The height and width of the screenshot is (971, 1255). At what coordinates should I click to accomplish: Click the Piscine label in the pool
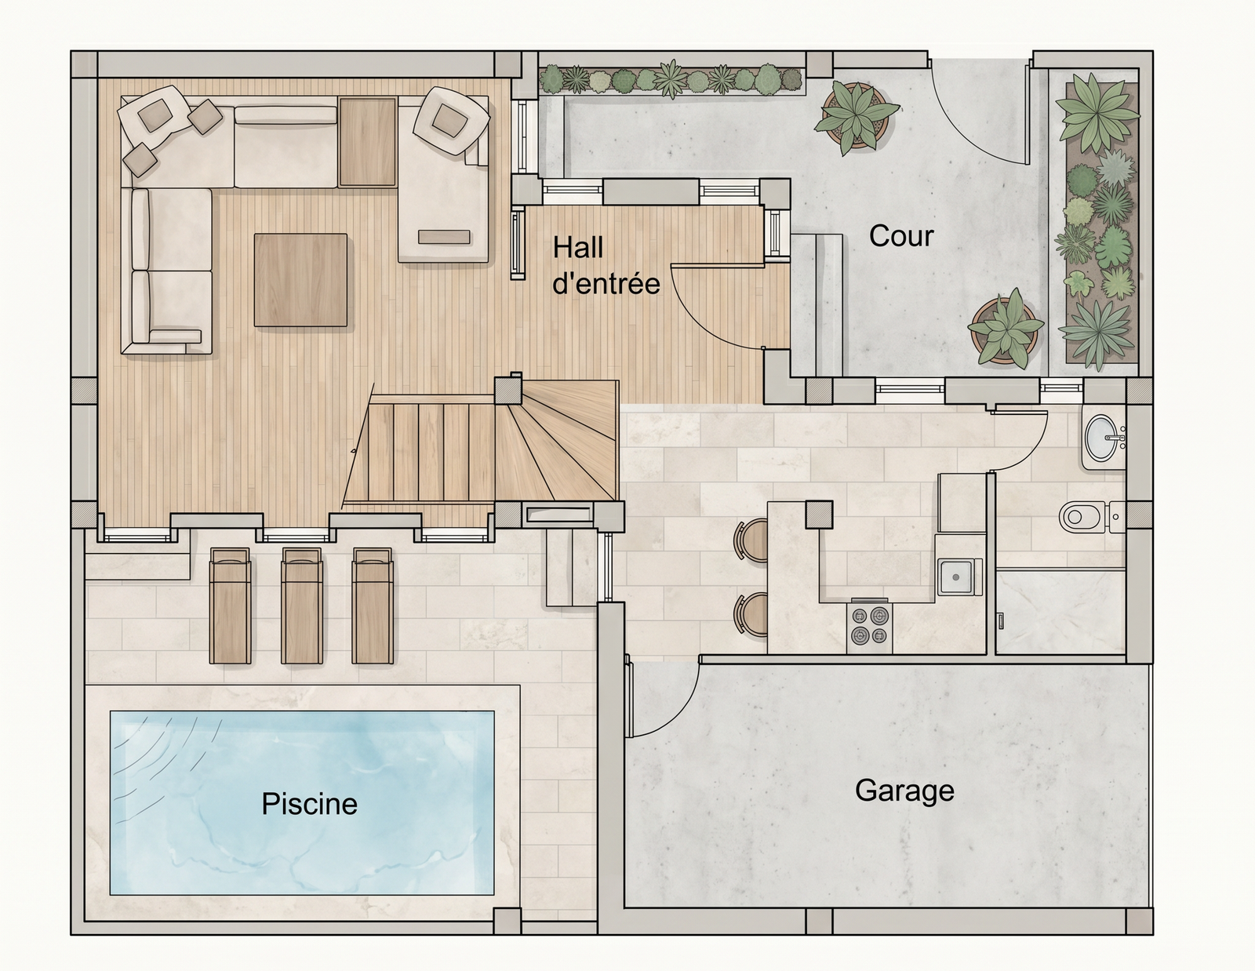pyautogui.click(x=310, y=804)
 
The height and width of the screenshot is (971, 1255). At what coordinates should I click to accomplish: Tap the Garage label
pyautogui.click(x=904, y=791)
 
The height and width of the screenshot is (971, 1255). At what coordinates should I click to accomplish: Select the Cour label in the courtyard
pyautogui.click(x=901, y=236)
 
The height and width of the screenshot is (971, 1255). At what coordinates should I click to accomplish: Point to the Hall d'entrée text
pyautogui.click(x=606, y=266)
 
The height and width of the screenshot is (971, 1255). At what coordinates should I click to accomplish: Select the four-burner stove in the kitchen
pyautogui.click(x=869, y=627)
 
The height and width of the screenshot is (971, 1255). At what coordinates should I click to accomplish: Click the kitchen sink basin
pyautogui.click(x=959, y=576)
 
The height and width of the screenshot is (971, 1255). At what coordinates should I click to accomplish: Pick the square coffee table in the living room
pyautogui.click(x=300, y=280)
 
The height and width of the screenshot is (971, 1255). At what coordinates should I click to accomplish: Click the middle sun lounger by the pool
pyautogui.click(x=301, y=605)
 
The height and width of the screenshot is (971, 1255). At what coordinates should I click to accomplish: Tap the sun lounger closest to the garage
pyautogui.click(x=373, y=605)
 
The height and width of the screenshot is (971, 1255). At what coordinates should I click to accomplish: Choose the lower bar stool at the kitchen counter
pyautogui.click(x=751, y=615)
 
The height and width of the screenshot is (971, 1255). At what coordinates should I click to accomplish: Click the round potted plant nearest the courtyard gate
pyautogui.click(x=856, y=117)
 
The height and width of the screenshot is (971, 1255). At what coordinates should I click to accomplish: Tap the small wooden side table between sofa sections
pyautogui.click(x=367, y=141)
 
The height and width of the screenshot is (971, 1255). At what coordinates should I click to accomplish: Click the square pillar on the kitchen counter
pyautogui.click(x=819, y=515)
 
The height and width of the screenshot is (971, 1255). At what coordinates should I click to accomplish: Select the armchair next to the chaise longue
pyautogui.click(x=450, y=120)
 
